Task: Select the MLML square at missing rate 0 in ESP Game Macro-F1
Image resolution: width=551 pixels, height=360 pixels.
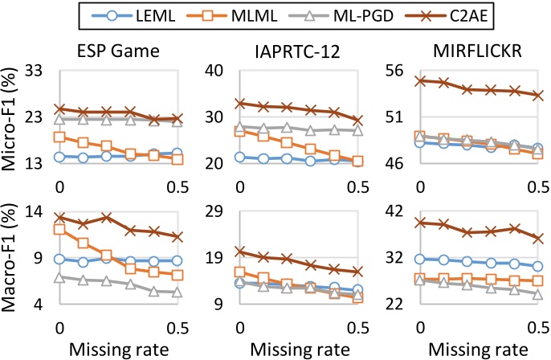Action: [59, 229]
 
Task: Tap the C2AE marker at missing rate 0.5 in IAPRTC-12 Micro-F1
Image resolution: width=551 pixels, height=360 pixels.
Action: [357, 121]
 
